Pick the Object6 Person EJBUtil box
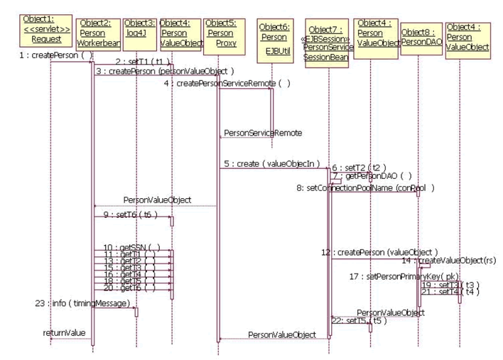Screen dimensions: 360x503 (x=274, y=36)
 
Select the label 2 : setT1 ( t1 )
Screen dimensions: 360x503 (x=142, y=62)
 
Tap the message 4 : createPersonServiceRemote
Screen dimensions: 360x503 (x=227, y=84)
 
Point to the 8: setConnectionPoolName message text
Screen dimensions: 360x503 (x=366, y=188)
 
